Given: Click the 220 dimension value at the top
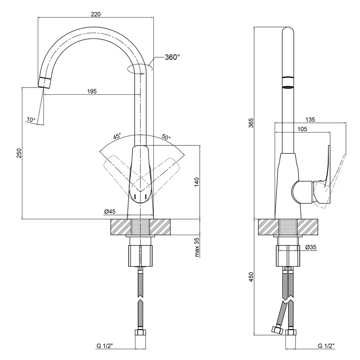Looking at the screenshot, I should click(x=95, y=14).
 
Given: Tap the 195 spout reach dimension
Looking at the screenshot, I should click(x=92, y=91).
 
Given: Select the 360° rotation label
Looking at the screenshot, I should click(x=172, y=57).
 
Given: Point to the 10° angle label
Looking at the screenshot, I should click(x=31, y=119).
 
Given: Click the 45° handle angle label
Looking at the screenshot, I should click(x=117, y=137).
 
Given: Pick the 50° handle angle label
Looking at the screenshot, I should click(x=166, y=137).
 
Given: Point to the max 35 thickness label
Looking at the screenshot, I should click(x=197, y=247).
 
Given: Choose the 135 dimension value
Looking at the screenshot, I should click(x=310, y=120).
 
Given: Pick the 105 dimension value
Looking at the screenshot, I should click(x=302, y=130).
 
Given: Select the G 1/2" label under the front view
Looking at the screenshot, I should click(x=105, y=346).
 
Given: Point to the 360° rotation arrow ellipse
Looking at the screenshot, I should click(x=140, y=69).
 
